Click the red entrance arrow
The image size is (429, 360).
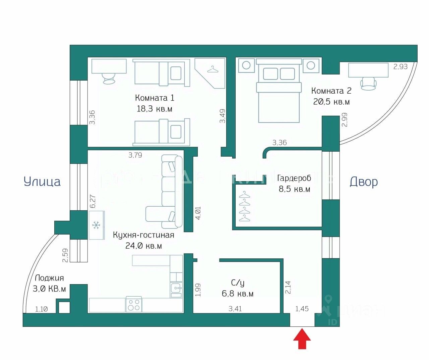coord(302,339)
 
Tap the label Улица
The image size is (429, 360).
coord(42,182)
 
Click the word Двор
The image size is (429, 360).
coord(364,182)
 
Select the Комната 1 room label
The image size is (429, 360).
coord(155,98)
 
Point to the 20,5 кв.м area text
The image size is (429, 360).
coord(331,102)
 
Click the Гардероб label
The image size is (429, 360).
coord(294,178)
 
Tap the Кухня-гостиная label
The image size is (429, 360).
coord(143,235)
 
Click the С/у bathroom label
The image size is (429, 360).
coord(238,283)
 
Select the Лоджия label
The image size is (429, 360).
coord(49,278)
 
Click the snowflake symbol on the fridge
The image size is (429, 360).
coord(97,225)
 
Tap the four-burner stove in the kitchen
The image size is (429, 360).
coord(134,305)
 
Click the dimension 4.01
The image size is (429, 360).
coord(198,213)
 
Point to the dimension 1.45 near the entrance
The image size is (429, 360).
coord(302,309)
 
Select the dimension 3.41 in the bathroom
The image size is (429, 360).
coord(235,309)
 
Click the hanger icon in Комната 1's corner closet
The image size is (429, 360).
coord(212,69)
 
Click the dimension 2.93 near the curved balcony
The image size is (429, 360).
coord(400,66)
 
